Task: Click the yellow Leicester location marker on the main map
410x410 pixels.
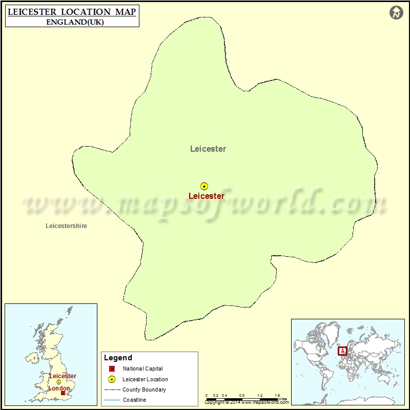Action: tap(204, 187)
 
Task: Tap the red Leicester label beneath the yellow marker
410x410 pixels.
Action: tap(206, 196)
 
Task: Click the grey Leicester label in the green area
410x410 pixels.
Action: tap(208, 149)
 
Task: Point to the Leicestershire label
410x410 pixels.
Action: tap(66, 225)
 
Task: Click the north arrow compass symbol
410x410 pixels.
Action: tap(396, 13)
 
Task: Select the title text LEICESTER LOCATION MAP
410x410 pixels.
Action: tap(72, 11)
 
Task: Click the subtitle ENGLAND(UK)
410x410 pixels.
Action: tap(72, 22)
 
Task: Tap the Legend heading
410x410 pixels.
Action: tap(118, 358)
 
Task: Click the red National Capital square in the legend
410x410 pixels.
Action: tap(112, 368)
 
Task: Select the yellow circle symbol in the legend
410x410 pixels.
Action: tap(112, 379)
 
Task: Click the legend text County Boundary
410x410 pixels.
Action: tap(144, 389)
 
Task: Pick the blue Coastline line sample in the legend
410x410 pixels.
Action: tap(112, 400)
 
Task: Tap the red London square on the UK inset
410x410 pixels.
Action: tap(63, 393)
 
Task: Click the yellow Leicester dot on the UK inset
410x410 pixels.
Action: tap(59, 382)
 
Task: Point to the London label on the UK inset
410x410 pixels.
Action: tap(58, 388)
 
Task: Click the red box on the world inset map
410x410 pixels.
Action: tap(342, 351)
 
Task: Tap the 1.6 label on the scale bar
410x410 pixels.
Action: tap(277, 396)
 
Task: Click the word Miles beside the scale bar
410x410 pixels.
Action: tap(282, 399)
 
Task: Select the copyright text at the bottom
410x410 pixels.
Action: tap(241, 403)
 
